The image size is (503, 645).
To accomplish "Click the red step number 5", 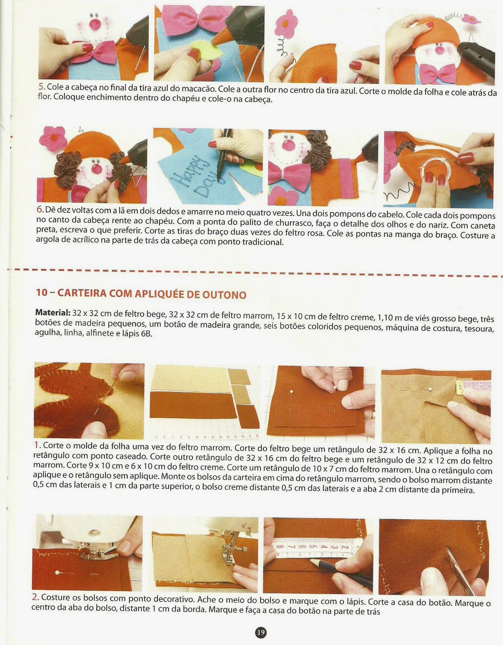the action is (x=42, y=87).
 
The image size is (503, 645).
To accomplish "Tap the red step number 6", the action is (x=40, y=209).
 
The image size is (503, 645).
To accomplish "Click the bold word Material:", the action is (x=52, y=312).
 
